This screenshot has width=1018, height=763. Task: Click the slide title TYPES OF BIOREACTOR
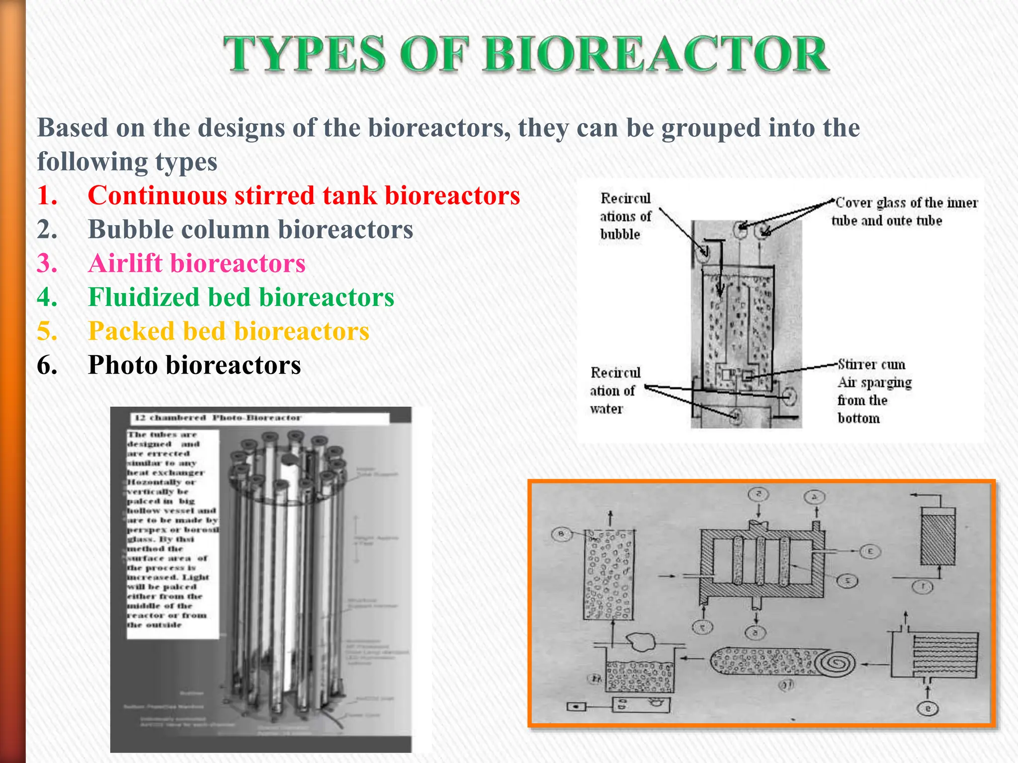[526, 55]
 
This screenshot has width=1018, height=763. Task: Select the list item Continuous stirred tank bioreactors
[304, 195]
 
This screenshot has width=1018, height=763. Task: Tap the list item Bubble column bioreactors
[251, 229]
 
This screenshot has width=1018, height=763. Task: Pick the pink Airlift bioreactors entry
[196, 263]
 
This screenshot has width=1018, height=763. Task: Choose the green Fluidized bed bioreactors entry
[241, 297]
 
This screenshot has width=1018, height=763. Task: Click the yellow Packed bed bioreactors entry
[229, 331]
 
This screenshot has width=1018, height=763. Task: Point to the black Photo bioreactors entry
[194, 365]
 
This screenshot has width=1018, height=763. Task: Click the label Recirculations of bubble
[625, 217]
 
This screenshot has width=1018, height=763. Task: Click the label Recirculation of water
[615, 390]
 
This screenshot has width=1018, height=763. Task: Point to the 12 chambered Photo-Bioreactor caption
[218, 418]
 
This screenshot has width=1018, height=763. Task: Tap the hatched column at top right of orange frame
[937, 539]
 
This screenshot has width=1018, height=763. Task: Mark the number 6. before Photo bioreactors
[47, 365]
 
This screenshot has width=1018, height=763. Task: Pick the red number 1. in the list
[47, 195]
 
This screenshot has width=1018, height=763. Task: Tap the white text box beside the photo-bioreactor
[172, 534]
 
